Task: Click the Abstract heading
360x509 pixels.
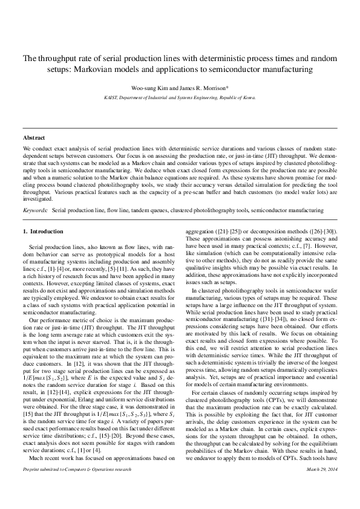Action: coord(33,138)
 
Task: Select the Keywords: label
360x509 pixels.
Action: coord(36,210)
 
